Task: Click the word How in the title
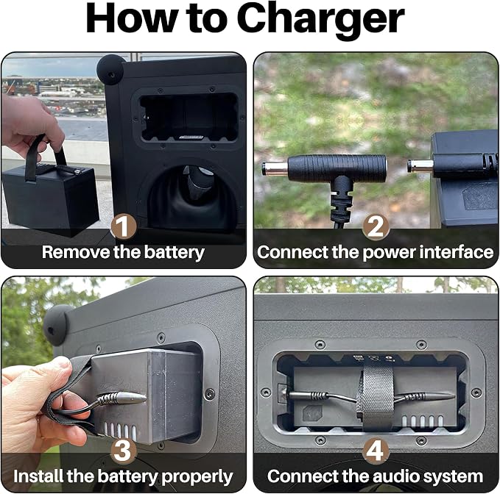[x=132, y=18]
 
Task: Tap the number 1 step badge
[x=124, y=226]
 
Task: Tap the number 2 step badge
[x=376, y=226]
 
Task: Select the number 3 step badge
[x=124, y=451]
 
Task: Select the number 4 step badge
[x=376, y=451]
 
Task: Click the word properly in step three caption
[x=197, y=477]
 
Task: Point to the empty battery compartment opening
[x=189, y=117]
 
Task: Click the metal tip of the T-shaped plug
[x=275, y=168]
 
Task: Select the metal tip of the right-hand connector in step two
[x=420, y=166]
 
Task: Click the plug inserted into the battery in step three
[x=122, y=398]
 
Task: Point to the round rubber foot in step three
[x=56, y=325]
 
